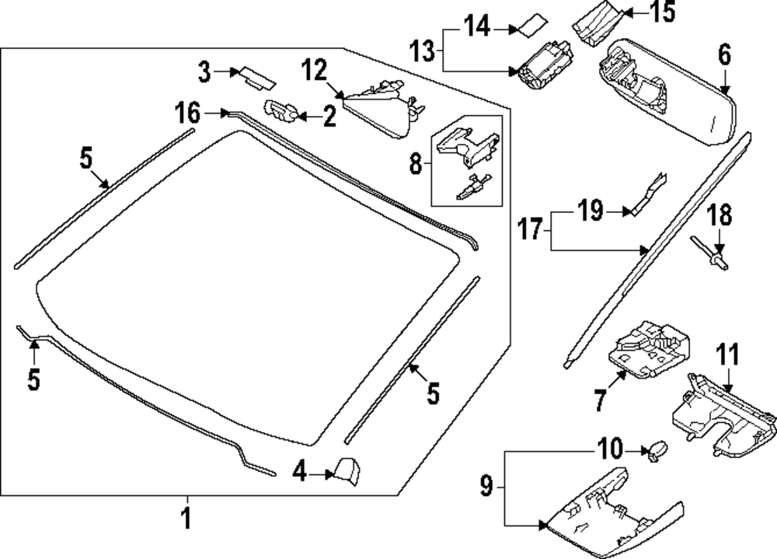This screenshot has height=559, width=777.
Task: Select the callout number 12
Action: point(315,71)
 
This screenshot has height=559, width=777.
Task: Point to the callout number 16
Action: point(186,114)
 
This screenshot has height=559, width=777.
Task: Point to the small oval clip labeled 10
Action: point(658,449)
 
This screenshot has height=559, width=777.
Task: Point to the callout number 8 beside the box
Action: point(415,163)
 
